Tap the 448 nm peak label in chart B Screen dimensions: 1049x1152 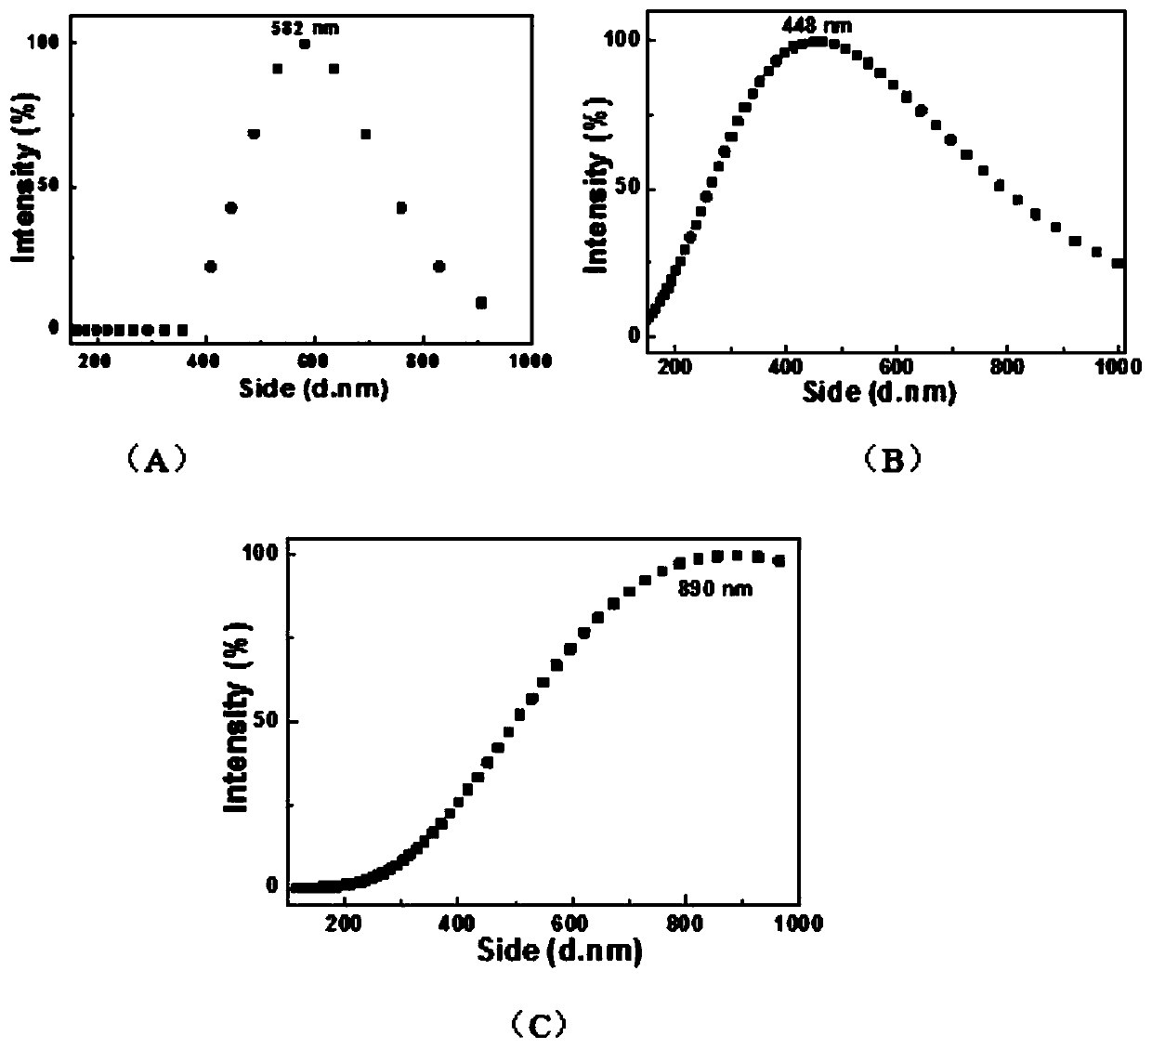(x=816, y=26)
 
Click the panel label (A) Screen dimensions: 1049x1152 (x=156, y=458)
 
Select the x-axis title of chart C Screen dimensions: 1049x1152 (x=559, y=951)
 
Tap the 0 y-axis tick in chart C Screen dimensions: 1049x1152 (x=272, y=886)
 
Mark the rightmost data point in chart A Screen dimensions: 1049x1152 (x=480, y=303)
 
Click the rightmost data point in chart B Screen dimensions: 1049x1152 (x=1118, y=263)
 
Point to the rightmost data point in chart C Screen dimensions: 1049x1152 (x=779, y=560)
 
